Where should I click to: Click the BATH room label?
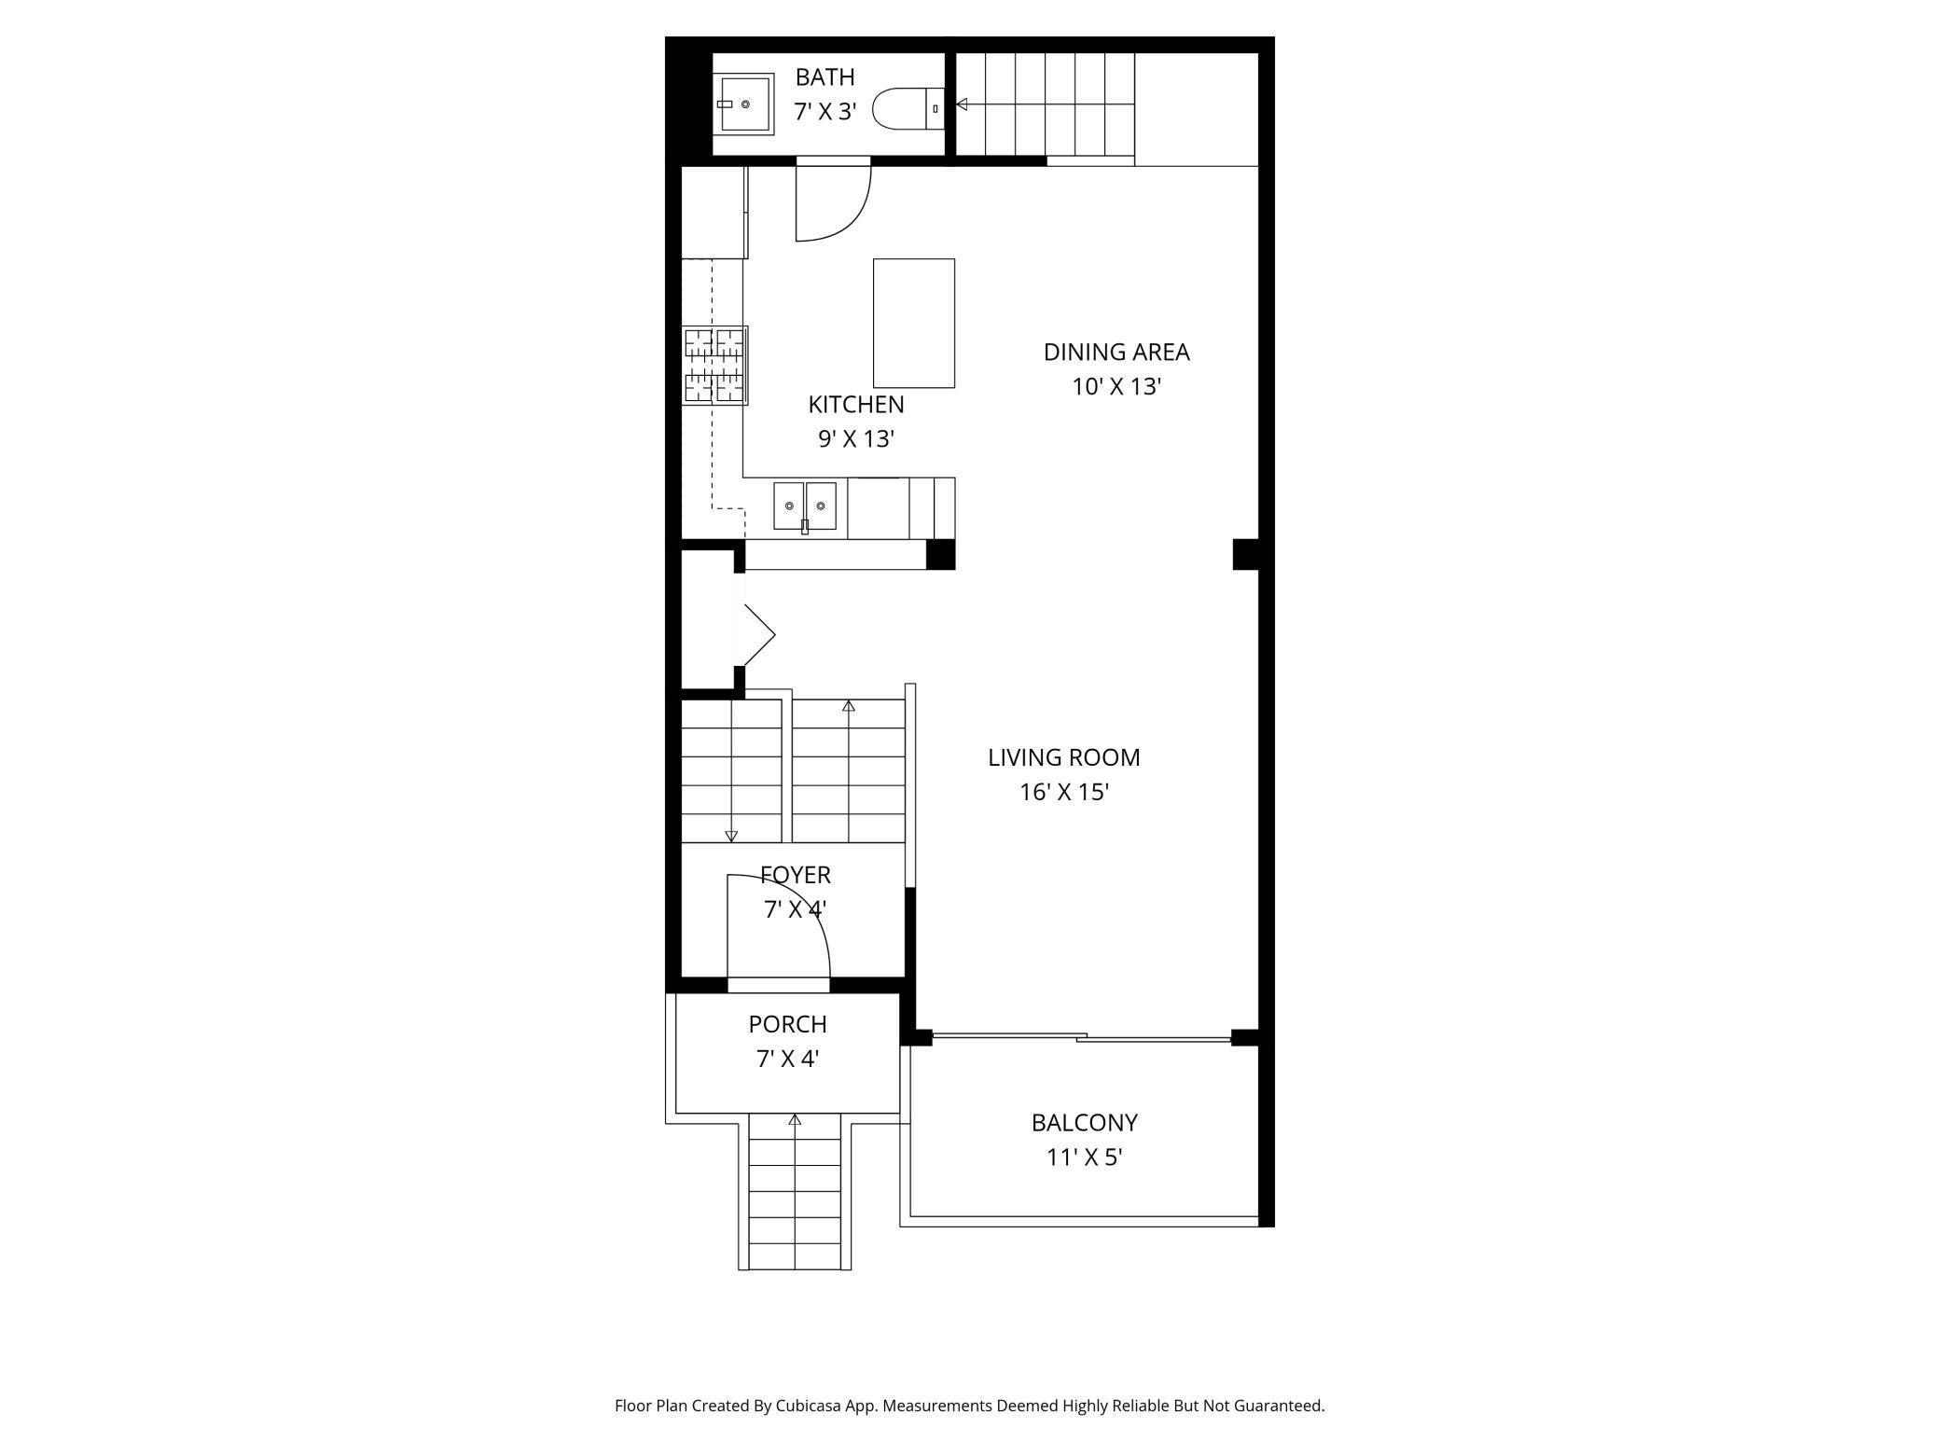(824, 76)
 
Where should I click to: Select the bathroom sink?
(746, 104)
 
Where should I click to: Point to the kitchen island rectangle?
(913, 323)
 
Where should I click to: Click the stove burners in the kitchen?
(714, 365)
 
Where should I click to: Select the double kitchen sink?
(804, 506)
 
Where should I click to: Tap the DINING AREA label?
(1115, 352)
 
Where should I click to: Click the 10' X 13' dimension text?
(1115, 386)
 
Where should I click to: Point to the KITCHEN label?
(855, 404)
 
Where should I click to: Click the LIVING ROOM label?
(1063, 756)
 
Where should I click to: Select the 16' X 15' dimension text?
(1063, 792)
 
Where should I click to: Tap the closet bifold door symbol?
(759, 635)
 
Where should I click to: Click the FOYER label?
(795, 875)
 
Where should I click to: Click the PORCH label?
(787, 1023)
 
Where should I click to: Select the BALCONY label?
(1084, 1122)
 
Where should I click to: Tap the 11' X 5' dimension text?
(1084, 1157)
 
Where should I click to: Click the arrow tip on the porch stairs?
(795, 1119)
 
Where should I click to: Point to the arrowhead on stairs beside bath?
(962, 104)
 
